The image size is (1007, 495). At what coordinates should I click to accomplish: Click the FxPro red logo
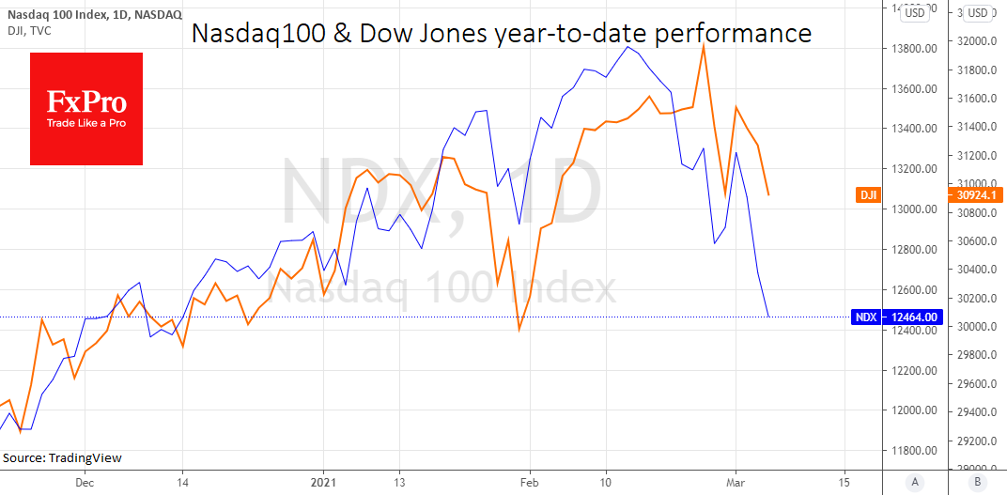pyautogui.click(x=86, y=109)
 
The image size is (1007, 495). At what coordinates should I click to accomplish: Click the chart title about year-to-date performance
pyautogui.click(x=502, y=34)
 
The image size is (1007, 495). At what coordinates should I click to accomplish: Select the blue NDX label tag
pyautogui.click(x=866, y=317)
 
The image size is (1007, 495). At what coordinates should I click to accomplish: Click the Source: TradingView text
pyautogui.click(x=63, y=458)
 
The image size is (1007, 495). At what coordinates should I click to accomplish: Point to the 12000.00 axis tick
pyautogui.click(x=914, y=410)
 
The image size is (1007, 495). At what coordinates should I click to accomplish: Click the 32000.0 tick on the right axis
pyautogui.click(x=977, y=42)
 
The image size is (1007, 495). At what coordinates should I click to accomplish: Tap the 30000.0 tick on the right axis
pyautogui.click(x=977, y=326)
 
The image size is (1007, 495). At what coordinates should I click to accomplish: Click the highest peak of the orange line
pyautogui.click(x=704, y=44)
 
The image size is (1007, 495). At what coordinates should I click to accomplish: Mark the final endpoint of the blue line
pyautogui.click(x=768, y=317)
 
